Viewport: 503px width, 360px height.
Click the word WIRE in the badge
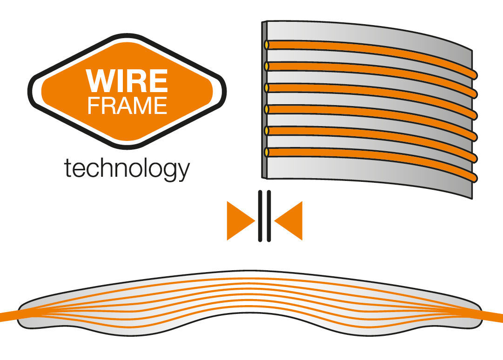(127, 80)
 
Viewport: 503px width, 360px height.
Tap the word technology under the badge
(127, 168)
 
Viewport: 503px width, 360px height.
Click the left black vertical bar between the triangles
(261, 216)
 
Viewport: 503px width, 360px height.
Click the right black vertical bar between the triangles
(268, 216)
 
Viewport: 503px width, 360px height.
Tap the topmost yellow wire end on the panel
(267, 45)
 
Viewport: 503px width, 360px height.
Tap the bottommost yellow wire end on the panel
(267, 152)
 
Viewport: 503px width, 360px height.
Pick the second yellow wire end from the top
(267, 67)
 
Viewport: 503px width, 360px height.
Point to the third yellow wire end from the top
(267, 88)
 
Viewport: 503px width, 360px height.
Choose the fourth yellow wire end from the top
(267, 109)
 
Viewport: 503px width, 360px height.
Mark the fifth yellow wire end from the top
(267, 131)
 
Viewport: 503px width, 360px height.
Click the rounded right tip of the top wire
(474, 73)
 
